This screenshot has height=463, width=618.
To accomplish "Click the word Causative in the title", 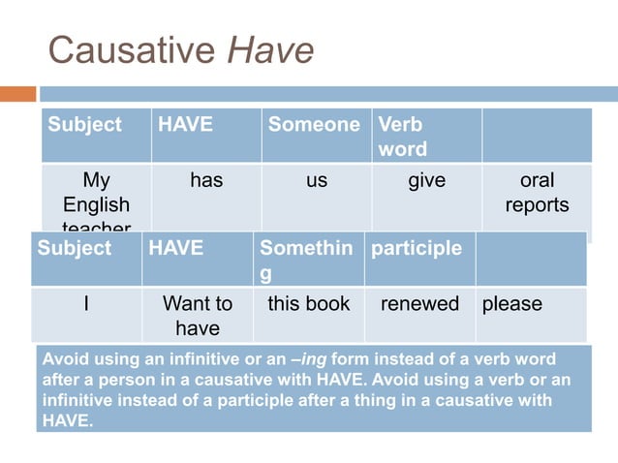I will [x=133, y=49].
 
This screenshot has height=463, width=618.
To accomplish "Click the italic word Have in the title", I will [x=270, y=49].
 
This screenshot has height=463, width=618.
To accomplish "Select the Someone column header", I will [x=314, y=125].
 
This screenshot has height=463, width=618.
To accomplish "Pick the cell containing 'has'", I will [x=205, y=181].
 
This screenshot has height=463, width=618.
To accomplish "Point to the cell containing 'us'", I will [x=317, y=181].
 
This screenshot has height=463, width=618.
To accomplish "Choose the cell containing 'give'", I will [x=426, y=181].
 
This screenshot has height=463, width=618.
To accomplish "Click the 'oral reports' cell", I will [x=537, y=193].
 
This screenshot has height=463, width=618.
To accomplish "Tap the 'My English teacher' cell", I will [x=96, y=199].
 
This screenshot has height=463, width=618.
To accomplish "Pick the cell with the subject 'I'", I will [x=86, y=304].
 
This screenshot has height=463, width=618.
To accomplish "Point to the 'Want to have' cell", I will [x=198, y=316].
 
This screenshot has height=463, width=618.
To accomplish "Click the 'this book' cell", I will [x=308, y=304].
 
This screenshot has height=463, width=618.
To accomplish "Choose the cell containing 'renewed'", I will [x=419, y=304].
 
